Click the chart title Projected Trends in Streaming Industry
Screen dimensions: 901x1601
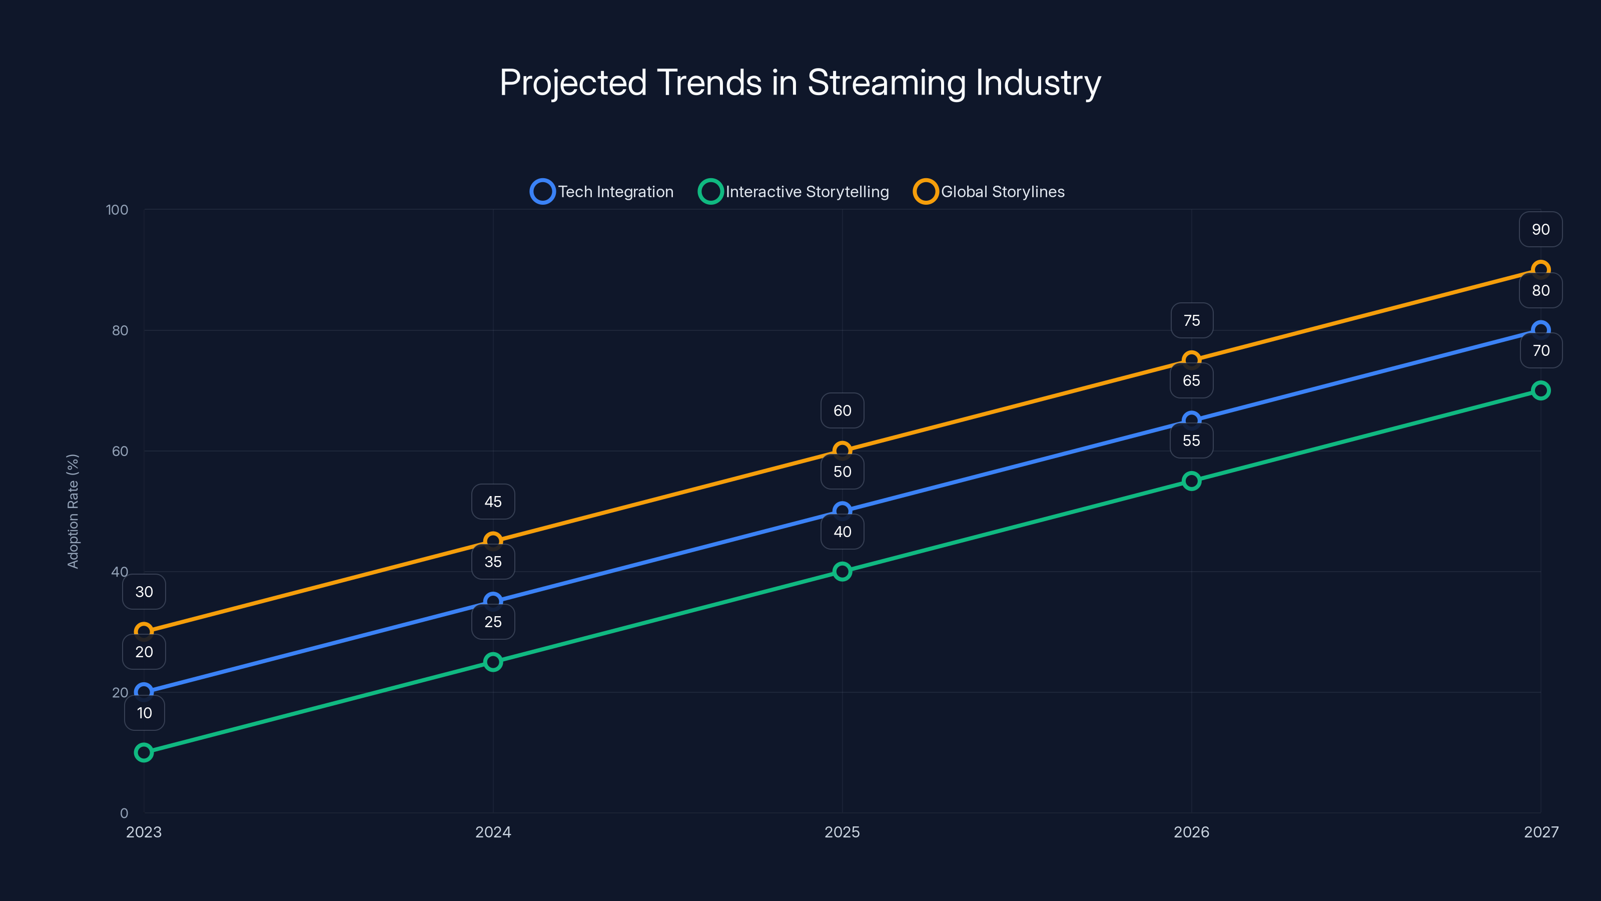(800, 83)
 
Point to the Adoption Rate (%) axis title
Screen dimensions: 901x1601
(73, 511)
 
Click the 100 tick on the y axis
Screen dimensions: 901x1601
(117, 210)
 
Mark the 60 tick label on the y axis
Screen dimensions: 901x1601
(120, 452)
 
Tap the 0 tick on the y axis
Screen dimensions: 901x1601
(124, 813)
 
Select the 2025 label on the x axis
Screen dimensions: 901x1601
(842, 832)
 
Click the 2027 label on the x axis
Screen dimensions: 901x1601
(1541, 832)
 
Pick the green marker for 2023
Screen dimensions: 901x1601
(144, 752)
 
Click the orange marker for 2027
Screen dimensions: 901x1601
(1541, 270)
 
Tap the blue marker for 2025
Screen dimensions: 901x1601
(842, 511)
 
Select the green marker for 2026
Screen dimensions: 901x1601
(1191, 481)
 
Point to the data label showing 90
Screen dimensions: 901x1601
(1541, 229)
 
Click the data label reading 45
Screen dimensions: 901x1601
(493, 502)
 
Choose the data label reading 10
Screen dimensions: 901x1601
(144, 713)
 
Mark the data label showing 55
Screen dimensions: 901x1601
(1191, 441)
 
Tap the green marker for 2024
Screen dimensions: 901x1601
(493, 662)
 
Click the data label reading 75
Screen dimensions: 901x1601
(1191, 321)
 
